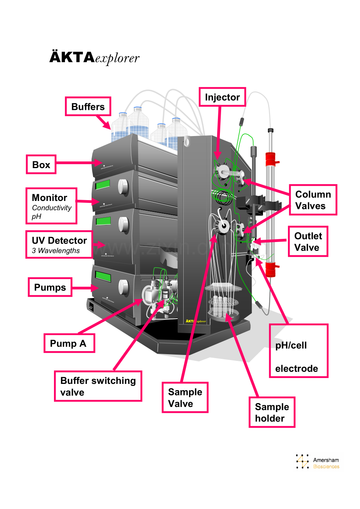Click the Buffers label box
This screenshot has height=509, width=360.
[x=88, y=107]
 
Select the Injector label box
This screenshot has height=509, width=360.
[x=222, y=97]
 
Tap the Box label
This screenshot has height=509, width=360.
[x=41, y=165]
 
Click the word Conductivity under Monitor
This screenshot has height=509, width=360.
[x=52, y=208]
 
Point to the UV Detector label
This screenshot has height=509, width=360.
[x=59, y=240]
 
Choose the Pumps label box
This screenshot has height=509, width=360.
[x=50, y=287]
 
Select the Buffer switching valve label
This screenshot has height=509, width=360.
[x=98, y=386]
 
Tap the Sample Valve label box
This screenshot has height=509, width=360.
[x=185, y=398]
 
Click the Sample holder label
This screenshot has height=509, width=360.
[x=272, y=412]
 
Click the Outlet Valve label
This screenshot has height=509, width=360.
[x=308, y=242]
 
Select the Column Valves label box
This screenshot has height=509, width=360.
[x=313, y=200]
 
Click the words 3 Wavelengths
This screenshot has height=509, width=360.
[x=56, y=251]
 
